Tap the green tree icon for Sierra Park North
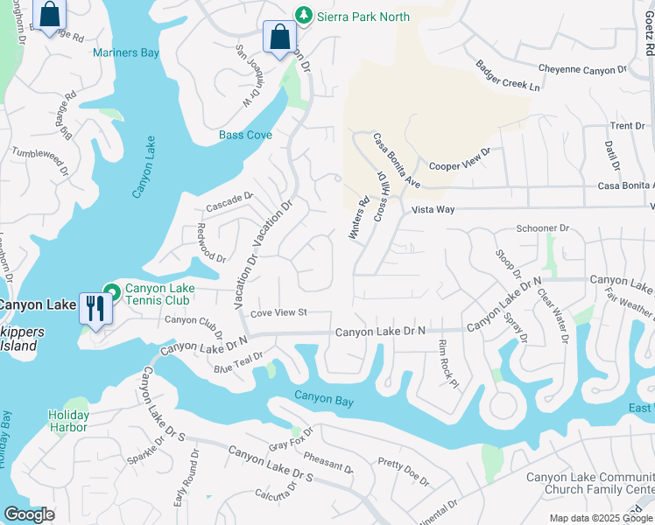tap(303, 15)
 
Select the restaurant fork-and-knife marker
tap(95, 307)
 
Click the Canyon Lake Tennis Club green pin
tap(111, 290)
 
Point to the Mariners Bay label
tap(126, 52)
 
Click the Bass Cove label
tap(245, 136)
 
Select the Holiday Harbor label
tap(68, 421)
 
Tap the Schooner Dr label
tap(542, 228)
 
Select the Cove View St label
tap(278, 312)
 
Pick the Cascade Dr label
tap(229, 201)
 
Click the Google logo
tap(29, 514)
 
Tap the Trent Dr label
tap(627, 126)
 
